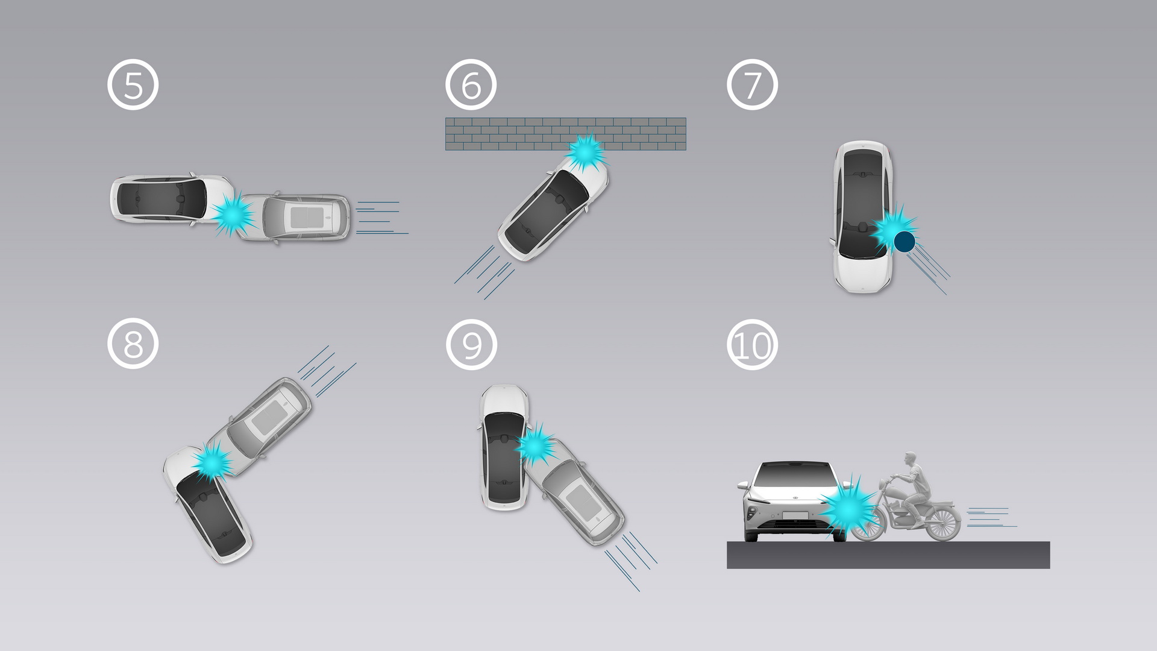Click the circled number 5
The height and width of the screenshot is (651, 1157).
pyautogui.click(x=133, y=84)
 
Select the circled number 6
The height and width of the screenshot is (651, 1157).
pyautogui.click(x=471, y=84)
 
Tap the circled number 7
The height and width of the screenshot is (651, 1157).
pyautogui.click(x=752, y=84)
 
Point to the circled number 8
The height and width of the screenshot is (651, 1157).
pyautogui.click(x=133, y=344)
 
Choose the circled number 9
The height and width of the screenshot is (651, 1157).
pyautogui.click(x=471, y=344)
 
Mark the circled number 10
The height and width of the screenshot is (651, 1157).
pyautogui.click(x=752, y=344)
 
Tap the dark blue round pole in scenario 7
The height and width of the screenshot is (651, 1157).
pyautogui.click(x=904, y=242)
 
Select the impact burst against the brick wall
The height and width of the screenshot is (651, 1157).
pyautogui.click(x=585, y=152)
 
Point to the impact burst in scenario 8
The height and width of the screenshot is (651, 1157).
pyautogui.click(x=212, y=461)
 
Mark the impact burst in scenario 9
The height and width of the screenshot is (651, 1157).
pyautogui.click(x=535, y=445)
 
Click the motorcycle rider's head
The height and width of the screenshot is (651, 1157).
pyautogui.click(x=909, y=459)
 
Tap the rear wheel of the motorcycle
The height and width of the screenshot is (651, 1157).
pyautogui.click(x=942, y=523)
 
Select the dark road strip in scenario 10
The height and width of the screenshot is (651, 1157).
pyautogui.click(x=888, y=555)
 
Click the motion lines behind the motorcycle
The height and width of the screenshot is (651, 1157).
pyautogui.click(x=991, y=518)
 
